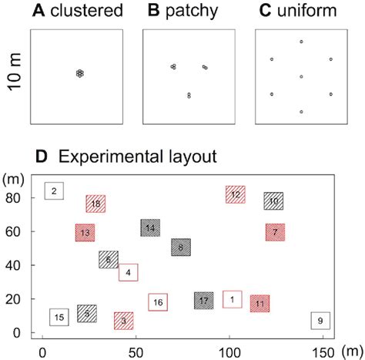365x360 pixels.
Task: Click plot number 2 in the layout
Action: [53, 191]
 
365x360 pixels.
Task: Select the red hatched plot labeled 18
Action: [95, 204]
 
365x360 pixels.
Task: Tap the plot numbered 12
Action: [235, 195]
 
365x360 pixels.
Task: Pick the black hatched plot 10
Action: [273, 201]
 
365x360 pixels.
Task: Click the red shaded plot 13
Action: [85, 232]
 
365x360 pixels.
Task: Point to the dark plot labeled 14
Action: [150, 227]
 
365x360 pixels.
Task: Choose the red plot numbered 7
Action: [275, 231]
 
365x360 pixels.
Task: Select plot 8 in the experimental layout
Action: [180, 247]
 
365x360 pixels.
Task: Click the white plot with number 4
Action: [128, 272]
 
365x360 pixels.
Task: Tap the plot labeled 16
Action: [158, 303]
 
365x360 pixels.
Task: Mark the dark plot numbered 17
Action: [203, 300]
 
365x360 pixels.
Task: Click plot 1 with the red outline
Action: [232, 298]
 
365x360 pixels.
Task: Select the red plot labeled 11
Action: [260, 304]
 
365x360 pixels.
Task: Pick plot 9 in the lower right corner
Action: [320, 320]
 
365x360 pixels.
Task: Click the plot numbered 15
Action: [59, 316]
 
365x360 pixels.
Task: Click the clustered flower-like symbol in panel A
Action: [79, 73]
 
